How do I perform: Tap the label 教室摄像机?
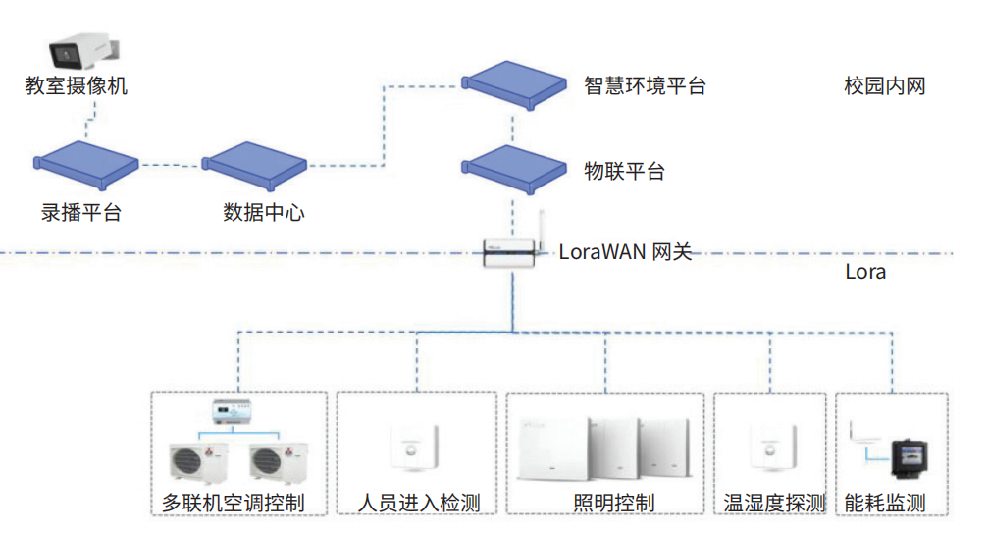point(76,86)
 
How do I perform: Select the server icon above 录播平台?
point(86,165)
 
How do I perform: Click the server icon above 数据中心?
point(253,166)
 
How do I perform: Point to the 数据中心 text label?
point(264,212)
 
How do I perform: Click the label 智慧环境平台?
point(645,85)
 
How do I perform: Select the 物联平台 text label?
point(624,172)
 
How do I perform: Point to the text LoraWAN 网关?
point(625,252)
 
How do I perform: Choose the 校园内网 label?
point(885,86)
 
